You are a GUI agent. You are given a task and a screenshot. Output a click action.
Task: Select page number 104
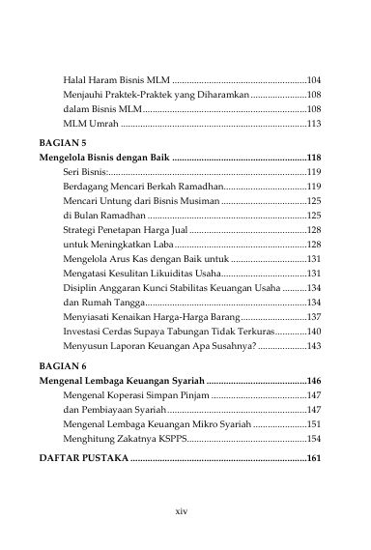pyautogui.click(x=313, y=77)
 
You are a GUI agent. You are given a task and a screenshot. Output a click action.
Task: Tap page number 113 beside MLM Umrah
pyautogui.click(x=313, y=124)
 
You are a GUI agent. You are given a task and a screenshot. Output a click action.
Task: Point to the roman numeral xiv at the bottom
pyautogui.click(x=185, y=509)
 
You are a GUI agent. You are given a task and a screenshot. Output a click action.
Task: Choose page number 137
pyautogui.click(x=313, y=316)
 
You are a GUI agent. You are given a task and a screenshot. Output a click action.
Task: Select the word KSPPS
pyautogui.click(x=166, y=411)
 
